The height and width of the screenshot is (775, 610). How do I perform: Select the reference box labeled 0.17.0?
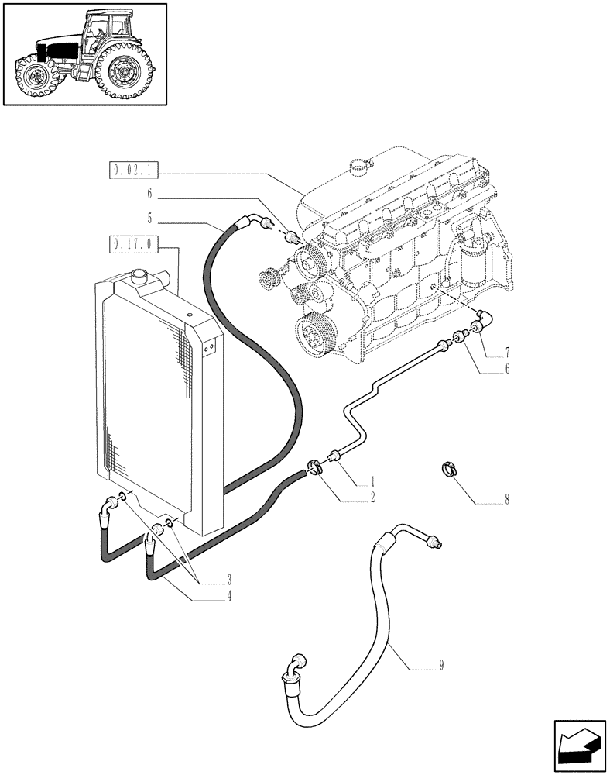133,246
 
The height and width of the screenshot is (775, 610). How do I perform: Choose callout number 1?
373,481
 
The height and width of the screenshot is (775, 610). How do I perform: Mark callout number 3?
229,580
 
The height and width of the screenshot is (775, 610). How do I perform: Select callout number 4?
229,597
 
